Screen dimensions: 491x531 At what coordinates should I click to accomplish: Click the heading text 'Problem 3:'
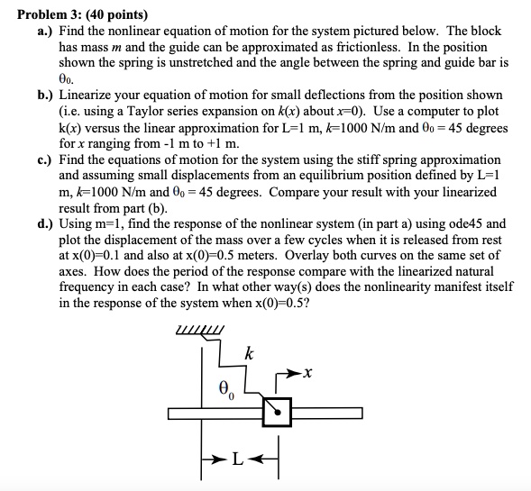point(43,15)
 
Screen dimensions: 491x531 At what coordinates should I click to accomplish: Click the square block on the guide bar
point(278,413)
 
